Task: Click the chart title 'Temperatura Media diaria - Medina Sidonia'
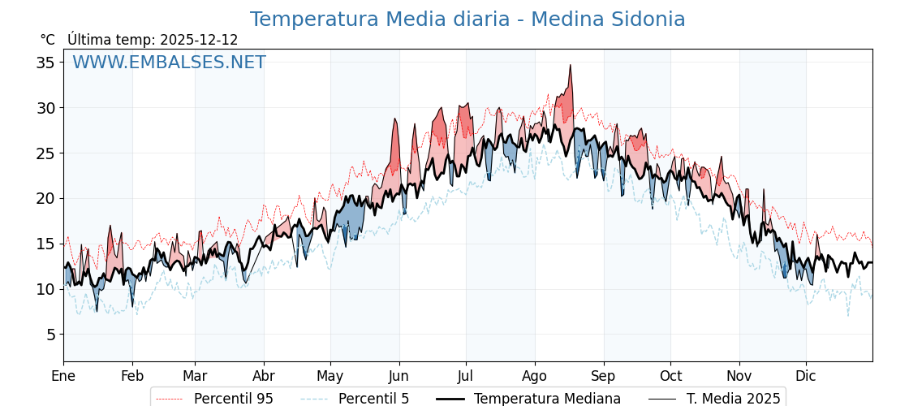pyautogui.click(x=467, y=19)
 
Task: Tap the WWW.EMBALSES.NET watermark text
pyautogui.click(x=169, y=63)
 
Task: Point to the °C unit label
pyautogui.click(x=47, y=40)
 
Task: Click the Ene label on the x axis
pyautogui.click(x=63, y=376)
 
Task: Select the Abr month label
pyautogui.click(x=264, y=376)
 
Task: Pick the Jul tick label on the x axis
pyautogui.click(x=466, y=376)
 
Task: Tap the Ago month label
pyautogui.click(x=535, y=376)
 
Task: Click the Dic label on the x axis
pyautogui.click(x=806, y=376)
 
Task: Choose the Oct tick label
pyautogui.click(x=670, y=376)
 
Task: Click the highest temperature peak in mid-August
pyautogui.click(x=571, y=66)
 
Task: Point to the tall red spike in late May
pyautogui.click(x=395, y=119)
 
